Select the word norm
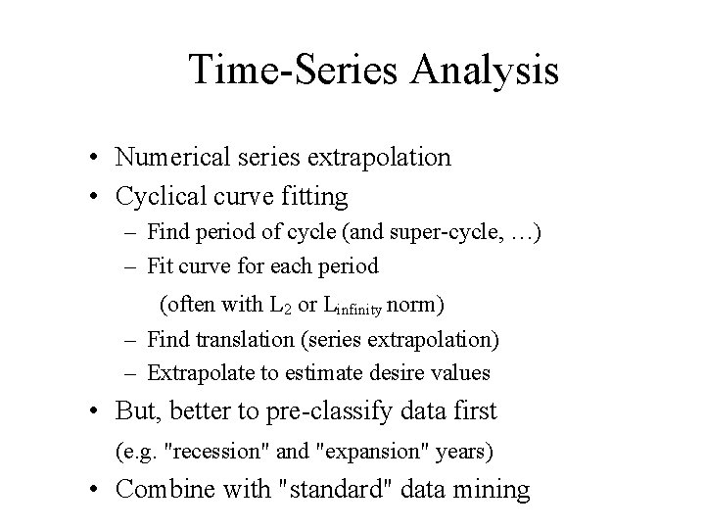(415, 304)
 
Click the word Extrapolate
(196, 373)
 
